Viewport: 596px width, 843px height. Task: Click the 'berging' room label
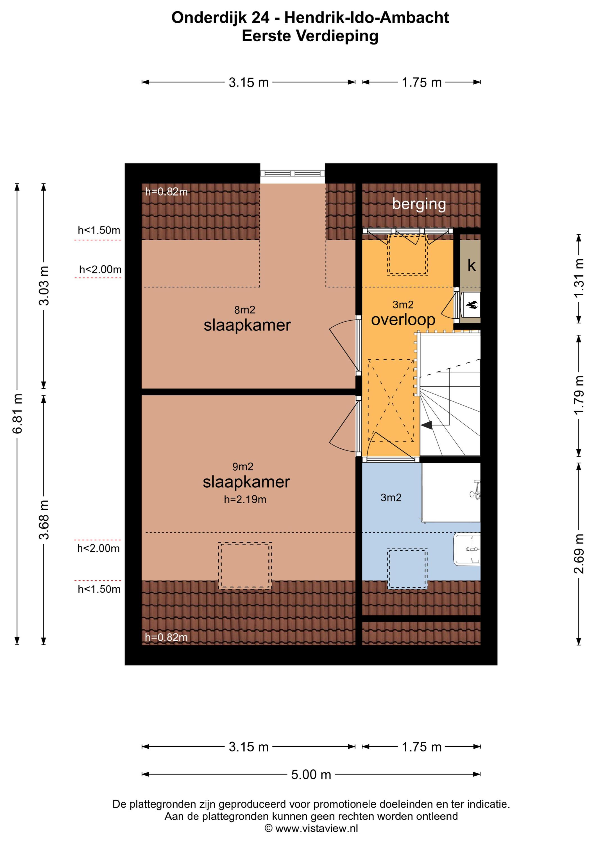419,205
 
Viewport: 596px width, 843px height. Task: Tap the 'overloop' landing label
403,320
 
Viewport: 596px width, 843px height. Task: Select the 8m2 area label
244,310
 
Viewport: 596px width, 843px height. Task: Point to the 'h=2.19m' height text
245,499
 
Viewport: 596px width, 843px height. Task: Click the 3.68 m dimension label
44,519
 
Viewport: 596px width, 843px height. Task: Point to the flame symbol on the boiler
472,304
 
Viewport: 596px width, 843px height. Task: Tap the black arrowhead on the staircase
426,425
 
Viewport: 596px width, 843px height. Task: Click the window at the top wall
293,174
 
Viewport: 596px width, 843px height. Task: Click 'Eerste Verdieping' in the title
310,36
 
